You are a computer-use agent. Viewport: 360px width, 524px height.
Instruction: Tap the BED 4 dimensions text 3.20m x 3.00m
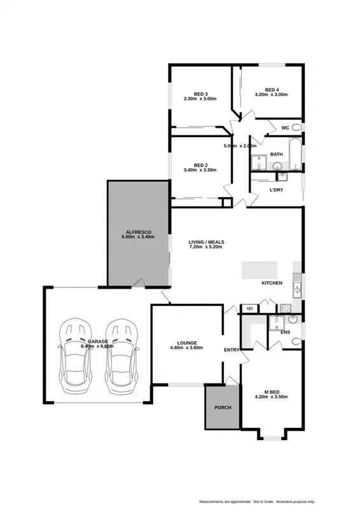coord(271,95)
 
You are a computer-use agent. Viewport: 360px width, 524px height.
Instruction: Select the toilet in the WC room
coord(298,128)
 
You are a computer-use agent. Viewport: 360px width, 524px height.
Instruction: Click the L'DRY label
coord(276,190)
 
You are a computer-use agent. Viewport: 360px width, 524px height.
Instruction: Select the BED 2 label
coord(200,164)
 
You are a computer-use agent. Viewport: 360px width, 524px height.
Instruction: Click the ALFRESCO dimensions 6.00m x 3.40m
coord(138,237)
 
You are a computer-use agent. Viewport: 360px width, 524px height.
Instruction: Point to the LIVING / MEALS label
coord(206,242)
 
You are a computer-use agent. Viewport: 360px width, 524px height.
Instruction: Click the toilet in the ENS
coord(296,341)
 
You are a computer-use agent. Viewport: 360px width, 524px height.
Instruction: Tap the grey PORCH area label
coord(223,408)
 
